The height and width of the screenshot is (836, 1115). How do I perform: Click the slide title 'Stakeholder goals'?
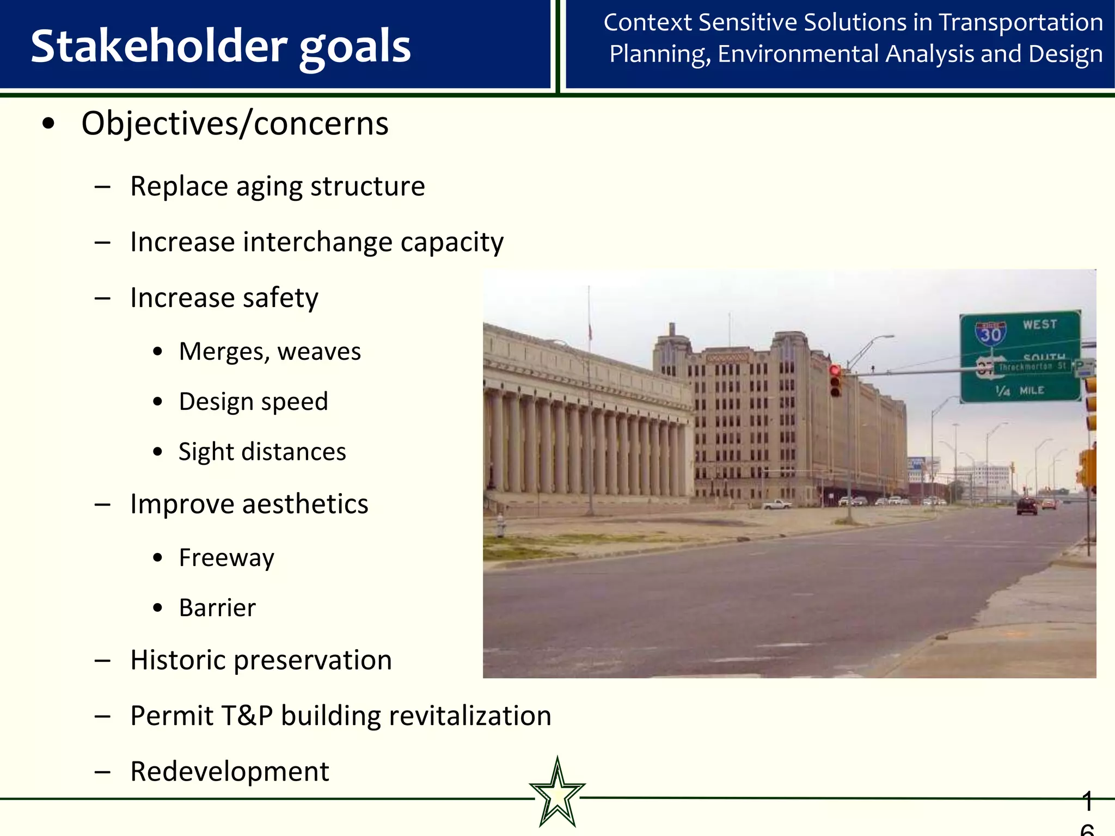point(220,46)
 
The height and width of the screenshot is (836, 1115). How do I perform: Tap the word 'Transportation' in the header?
point(1021,23)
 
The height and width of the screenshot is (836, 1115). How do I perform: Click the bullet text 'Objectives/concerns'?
point(235,124)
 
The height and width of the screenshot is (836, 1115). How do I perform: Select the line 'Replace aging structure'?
point(277,187)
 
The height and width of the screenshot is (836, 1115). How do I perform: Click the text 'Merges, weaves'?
point(269,352)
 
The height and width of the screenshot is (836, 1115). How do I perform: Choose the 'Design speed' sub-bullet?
point(253,402)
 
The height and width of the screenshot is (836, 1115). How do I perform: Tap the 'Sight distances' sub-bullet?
point(262,452)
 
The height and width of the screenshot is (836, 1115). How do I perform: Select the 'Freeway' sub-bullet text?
point(226,558)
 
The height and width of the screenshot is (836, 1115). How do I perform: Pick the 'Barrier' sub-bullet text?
point(217,608)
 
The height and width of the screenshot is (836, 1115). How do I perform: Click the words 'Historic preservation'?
point(261,660)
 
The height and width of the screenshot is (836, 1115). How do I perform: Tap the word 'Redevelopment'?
point(229,772)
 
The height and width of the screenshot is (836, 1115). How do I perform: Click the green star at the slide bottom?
point(557,794)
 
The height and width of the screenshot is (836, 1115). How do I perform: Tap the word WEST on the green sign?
point(1039,325)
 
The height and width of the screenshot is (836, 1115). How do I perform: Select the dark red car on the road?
point(1027,506)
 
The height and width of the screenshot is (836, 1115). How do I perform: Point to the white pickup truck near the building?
point(777,505)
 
